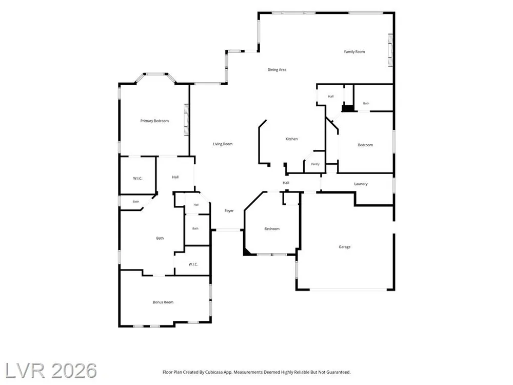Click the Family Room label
point(354,52)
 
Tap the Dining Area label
point(277,70)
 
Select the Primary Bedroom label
point(154,121)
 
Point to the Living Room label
point(223,144)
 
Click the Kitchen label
point(291,139)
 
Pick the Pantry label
point(315,164)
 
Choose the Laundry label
point(361,184)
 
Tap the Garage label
point(345,247)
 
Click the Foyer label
point(229,211)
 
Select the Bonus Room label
point(163,302)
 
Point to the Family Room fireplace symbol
point(390,50)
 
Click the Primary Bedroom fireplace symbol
point(186,120)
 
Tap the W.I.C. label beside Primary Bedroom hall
point(137,179)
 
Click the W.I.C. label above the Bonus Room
point(193,264)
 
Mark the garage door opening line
point(348,290)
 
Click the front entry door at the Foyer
point(228,230)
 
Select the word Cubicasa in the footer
point(214,372)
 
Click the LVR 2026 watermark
point(51,371)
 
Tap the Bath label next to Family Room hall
point(366,104)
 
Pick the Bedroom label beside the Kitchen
point(365,145)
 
